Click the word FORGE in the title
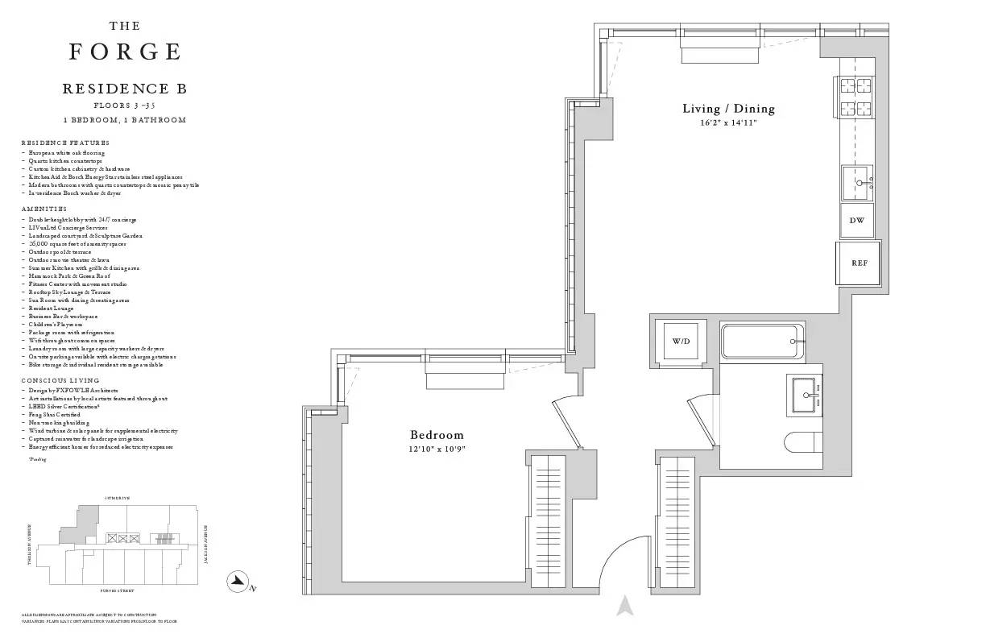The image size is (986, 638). click(x=125, y=52)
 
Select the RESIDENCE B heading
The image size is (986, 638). click(x=125, y=89)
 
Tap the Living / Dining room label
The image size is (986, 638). click(x=728, y=109)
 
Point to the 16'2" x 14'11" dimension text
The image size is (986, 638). click(x=728, y=123)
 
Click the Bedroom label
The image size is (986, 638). click(x=437, y=435)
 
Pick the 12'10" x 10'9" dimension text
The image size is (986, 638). click(x=437, y=449)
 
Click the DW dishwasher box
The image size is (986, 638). click(x=857, y=220)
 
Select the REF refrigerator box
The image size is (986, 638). click(x=859, y=263)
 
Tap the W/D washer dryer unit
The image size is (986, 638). click(x=681, y=342)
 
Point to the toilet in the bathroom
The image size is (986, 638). click(x=802, y=442)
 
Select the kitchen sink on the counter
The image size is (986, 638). click(x=857, y=183)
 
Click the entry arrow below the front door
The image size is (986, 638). click(x=624, y=606)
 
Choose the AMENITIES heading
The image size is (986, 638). click(x=44, y=209)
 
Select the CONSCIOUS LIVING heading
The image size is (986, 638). click(x=60, y=379)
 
